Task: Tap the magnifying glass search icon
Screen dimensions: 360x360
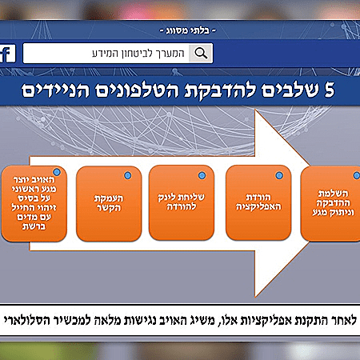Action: tap(203, 54)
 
